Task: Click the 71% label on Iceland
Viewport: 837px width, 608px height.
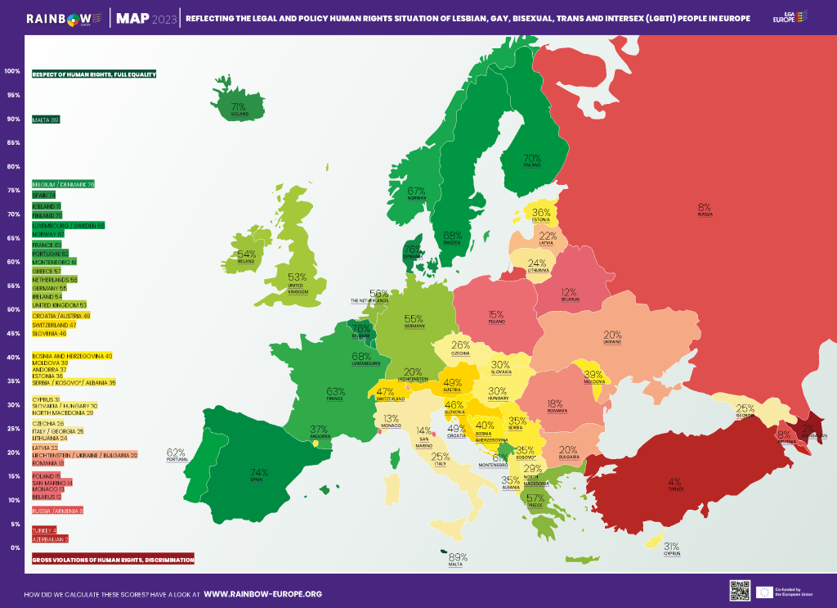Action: tap(238, 107)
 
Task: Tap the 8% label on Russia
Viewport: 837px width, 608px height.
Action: tap(705, 208)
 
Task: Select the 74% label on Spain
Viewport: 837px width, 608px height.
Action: tap(259, 473)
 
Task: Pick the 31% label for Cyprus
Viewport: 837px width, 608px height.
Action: tap(671, 547)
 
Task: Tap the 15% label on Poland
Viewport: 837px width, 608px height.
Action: tap(495, 315)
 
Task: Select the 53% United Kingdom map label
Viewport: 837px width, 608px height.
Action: tap(297, 278)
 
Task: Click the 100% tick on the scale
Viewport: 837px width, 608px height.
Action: tap(12, 71)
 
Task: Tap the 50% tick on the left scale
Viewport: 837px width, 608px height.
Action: tap(12, 309)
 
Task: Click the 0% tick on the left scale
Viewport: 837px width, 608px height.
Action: tap(12, 547)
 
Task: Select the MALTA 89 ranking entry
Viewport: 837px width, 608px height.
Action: tap(46, 119)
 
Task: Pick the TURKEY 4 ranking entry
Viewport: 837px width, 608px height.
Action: tap(44, 530)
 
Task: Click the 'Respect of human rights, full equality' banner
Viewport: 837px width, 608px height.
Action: tap(94, 74)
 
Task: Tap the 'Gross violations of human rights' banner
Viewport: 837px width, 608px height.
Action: tap(113, 560)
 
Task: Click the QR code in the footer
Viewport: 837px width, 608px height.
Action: tap(739, 589)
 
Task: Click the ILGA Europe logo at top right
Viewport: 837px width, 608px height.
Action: tap(790, 17)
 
